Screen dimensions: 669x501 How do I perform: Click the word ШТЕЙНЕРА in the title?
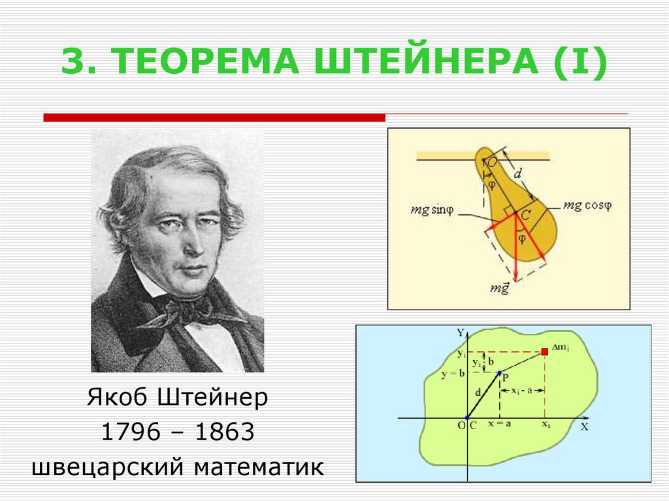coord(426,61)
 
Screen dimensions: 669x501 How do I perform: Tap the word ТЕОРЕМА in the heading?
coord(205,61)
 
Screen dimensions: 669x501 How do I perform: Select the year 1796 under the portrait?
coord(131,432)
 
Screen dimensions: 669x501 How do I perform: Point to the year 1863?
coord(225,432)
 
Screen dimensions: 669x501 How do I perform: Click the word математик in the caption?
coord(259,467)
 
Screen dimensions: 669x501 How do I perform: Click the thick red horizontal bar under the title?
coord(214,118)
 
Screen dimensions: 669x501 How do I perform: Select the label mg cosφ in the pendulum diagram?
coord(587,205)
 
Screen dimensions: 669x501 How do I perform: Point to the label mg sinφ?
coord(432,210)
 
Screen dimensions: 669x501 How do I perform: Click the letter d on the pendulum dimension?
coord(517,174)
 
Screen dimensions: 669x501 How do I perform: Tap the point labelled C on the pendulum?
coord(515,212)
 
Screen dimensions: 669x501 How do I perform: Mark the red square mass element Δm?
coord(544,351)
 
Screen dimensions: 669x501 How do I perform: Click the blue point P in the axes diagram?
coord(500,373)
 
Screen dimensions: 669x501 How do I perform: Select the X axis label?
coord(584,427)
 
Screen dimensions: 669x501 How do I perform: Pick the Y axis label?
coord(461,333)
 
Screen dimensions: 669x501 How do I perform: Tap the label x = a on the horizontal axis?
coord(499,424)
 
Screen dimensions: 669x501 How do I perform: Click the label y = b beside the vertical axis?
coord(453,374)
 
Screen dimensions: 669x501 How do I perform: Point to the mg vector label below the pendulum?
coord(500,289)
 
